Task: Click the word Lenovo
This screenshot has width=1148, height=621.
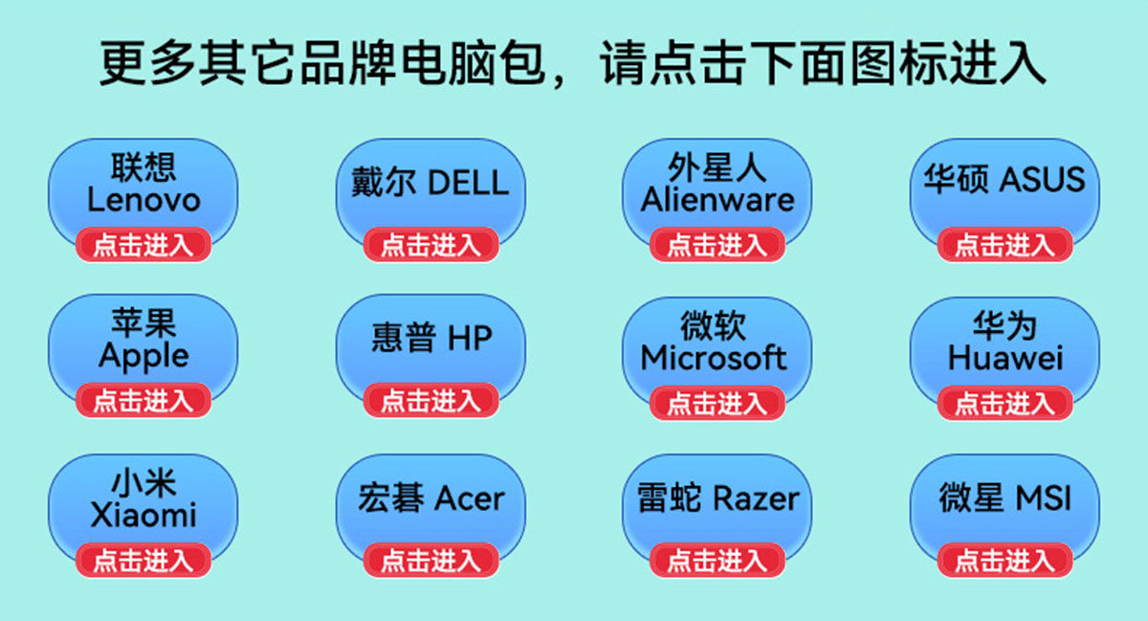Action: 143,200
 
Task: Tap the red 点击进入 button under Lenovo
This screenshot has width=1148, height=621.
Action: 143,245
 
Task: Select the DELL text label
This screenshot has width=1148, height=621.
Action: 468,183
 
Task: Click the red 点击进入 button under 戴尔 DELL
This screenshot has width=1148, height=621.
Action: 430,245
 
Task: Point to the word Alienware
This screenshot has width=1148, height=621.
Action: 717,200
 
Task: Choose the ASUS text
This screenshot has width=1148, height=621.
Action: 1042,180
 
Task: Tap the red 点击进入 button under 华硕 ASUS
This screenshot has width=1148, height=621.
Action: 1004,245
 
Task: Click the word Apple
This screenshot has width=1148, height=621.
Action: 143,356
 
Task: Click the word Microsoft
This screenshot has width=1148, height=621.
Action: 714,358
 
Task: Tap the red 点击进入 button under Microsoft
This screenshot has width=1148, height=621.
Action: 717,403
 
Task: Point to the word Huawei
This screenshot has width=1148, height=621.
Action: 1004,358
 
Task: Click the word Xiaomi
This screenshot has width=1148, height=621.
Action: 143,515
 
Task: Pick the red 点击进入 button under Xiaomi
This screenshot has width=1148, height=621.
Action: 143,560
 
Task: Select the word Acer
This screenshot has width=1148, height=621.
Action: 469,499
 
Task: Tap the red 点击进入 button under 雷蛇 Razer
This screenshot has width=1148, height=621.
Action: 717,560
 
